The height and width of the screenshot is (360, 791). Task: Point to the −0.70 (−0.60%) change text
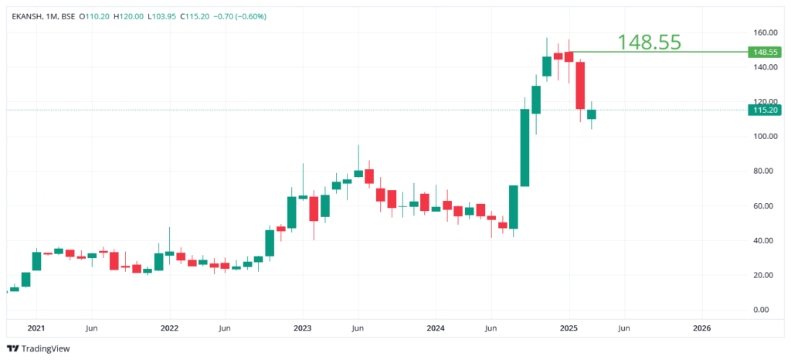[x=239, y=16]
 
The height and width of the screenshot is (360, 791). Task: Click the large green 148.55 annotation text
[x=649, y=42]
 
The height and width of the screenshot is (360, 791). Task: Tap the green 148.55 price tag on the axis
[x=766, y=53]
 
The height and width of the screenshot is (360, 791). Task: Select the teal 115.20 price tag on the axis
[x=766, y=110]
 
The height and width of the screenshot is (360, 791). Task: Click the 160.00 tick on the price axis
[x=766, y=32]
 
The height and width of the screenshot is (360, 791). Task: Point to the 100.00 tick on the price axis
[x=766, y=137]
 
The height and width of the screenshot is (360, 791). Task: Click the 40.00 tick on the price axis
[x=766, y=240]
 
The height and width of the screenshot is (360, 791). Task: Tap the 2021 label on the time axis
[x=36, y=328]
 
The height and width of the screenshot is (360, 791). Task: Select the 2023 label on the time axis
[x=302, y=328]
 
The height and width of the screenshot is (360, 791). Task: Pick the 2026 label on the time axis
[x=701, y=328]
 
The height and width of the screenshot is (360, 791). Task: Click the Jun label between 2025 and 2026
[x=623, y=328]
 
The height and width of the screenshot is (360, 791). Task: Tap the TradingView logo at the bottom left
[x=38, y=348]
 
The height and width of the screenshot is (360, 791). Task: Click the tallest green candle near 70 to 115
[x=525, y=148]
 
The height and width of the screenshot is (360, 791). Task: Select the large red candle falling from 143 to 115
[x=580, y=85]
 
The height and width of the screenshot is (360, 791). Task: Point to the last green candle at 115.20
[x=592, y=114]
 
